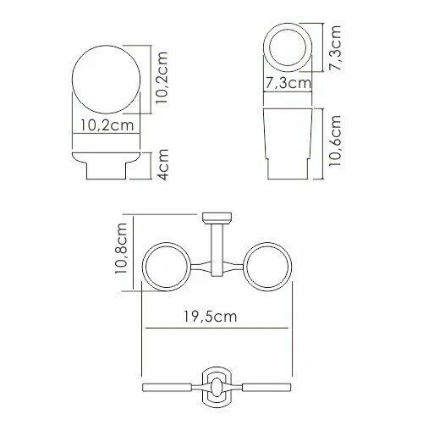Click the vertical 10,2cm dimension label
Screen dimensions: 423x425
162,78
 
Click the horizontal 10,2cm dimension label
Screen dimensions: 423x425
107,125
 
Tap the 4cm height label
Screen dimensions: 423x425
162,164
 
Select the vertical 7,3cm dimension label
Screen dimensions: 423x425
335,48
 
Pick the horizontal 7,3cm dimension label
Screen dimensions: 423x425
288,83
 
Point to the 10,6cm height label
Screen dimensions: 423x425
335,141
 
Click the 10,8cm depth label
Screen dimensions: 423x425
121,248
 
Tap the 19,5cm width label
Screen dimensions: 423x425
211,317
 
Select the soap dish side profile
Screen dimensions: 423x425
107,166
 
